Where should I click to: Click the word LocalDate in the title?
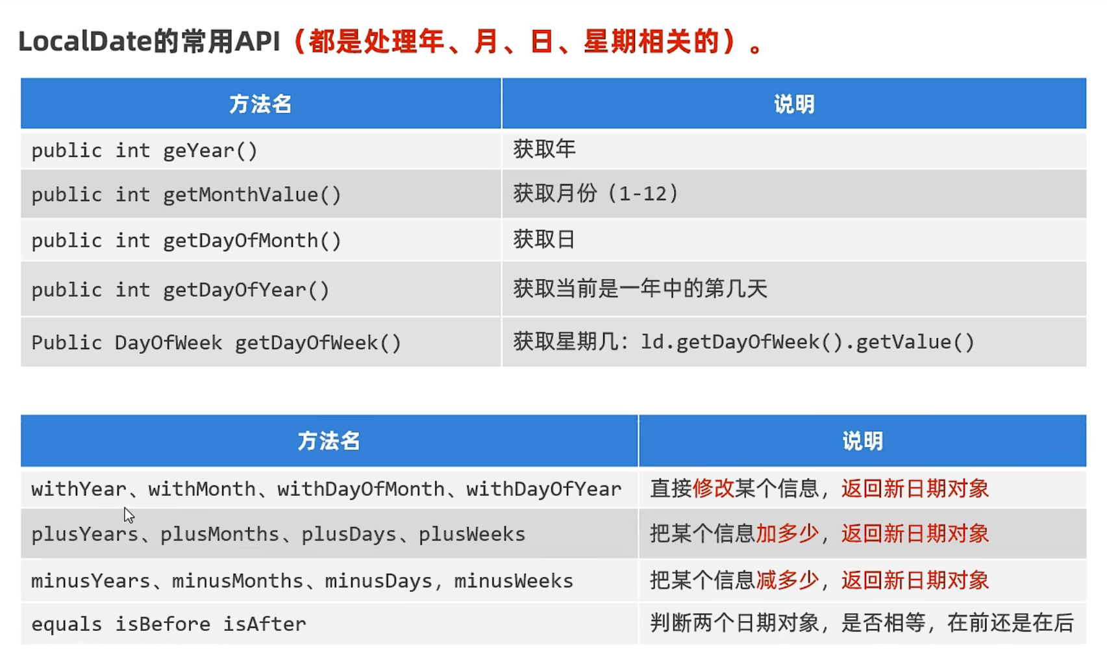85,41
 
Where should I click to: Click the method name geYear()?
210,151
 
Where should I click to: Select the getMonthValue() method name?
252,195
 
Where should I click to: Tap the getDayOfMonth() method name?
252,241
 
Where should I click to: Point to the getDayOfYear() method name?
246,290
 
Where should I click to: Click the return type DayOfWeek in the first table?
169,343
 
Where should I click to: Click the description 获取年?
544,149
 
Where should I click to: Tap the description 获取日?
544,239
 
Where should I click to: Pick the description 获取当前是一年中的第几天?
640,289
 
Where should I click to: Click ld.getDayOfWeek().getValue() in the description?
808,342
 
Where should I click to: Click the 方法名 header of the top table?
260,104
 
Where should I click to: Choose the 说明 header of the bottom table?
862,441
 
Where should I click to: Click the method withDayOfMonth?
361,489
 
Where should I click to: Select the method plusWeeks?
472,534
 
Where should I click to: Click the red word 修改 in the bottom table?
713,488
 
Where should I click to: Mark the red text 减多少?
788,580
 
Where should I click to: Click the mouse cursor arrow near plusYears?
129,515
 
